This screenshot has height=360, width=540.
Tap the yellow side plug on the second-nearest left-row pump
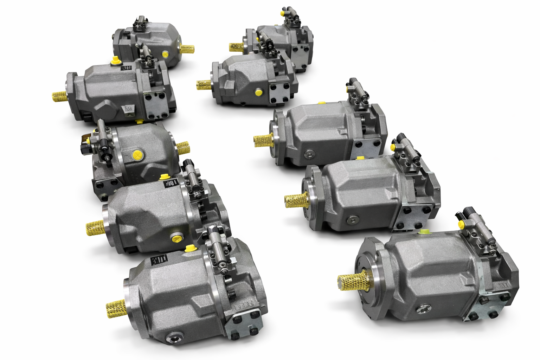[x=176, y=239]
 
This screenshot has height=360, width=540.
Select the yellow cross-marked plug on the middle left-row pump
[x=136, y=155]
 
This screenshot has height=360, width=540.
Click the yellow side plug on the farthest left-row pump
[x=165, y=54]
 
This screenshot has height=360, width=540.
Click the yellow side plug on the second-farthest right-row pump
[x=258, y=92]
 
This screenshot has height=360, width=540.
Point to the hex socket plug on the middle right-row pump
[x=308, y=153]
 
